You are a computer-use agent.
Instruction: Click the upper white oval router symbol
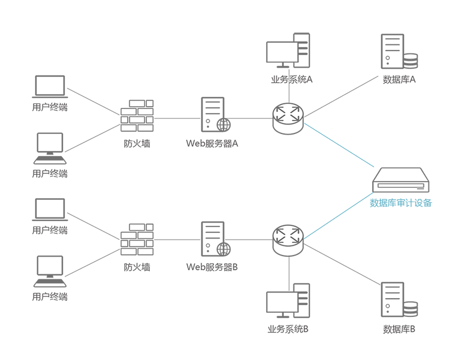(286, 113)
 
